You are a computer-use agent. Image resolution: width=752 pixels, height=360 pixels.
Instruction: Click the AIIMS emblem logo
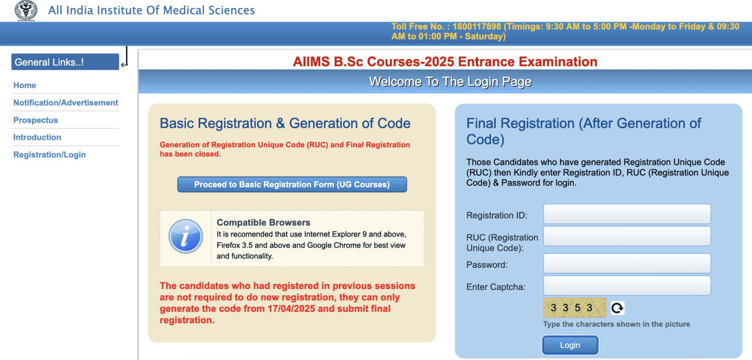tap(26, 11)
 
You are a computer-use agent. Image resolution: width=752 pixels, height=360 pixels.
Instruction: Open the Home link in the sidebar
tap(24, 85)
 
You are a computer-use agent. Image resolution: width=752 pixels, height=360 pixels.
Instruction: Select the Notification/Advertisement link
tap(66, 103)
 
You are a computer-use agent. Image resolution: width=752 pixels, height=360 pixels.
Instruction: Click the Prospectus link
tap(36, 120)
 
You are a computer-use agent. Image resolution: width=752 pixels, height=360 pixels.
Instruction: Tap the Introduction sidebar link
tap(37, 137)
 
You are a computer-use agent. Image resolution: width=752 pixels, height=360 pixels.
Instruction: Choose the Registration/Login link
tap(49, 155)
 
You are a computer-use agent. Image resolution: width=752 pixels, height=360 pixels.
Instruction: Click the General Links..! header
tap(65, 62)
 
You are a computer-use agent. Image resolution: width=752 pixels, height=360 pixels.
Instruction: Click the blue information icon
tap(186, 236)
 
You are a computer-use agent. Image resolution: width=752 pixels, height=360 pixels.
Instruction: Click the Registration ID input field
tap(627, 214)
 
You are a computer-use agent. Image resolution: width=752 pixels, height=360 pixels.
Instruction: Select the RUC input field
tap(627, 236)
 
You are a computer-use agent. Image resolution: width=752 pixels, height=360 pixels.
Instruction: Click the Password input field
tap(627, 264)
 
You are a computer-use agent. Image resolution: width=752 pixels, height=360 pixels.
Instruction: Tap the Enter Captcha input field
tap(627, 286)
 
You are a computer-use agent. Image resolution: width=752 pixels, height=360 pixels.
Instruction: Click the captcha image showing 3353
tap(575, 308)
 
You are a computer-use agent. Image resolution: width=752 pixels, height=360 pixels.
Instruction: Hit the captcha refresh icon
tap(617, 308)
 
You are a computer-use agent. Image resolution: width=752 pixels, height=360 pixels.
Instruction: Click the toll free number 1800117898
tap(476, 26)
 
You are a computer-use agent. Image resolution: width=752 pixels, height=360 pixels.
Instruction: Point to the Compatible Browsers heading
tap(263, 223)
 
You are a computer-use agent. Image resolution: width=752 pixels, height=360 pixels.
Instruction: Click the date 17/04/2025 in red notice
tap(291, 309)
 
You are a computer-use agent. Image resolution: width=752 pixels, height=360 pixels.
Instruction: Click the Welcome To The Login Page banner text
tap(450, 82)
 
